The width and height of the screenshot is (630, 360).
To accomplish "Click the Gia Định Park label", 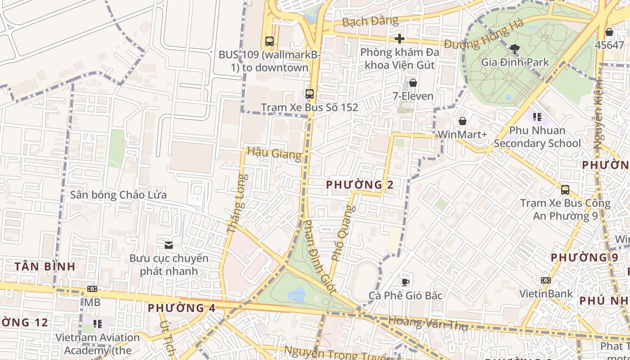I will [515, 62].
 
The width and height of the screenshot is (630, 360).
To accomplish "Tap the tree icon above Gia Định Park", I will [514, 48].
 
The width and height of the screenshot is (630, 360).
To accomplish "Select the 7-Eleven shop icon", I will [413, 83].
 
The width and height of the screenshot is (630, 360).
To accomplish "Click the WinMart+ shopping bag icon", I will [462, 121].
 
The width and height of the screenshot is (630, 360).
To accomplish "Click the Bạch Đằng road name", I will [370, 21].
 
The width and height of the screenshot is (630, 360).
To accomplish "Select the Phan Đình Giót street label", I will [319, 256].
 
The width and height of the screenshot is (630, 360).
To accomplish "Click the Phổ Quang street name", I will [343, 233].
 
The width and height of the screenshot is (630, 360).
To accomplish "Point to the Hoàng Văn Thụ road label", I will [427, 323].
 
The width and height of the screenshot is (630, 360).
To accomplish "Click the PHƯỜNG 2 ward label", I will [360, 184].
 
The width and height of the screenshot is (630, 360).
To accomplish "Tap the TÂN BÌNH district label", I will [45, 266].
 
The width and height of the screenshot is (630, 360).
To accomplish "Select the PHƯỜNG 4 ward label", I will [182, 308].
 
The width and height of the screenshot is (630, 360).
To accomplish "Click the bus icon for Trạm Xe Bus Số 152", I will [309, 94].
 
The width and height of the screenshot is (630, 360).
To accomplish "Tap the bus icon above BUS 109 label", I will [269, 41].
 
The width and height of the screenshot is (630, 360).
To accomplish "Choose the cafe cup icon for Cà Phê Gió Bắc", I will [405, 282].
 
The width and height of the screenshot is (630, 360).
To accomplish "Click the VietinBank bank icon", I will [545, 280].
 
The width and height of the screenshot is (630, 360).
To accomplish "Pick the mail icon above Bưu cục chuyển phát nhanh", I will [169, 245].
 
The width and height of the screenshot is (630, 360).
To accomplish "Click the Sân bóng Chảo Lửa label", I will [118, 195].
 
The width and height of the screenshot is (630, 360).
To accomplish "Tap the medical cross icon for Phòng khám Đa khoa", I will [399, 39].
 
